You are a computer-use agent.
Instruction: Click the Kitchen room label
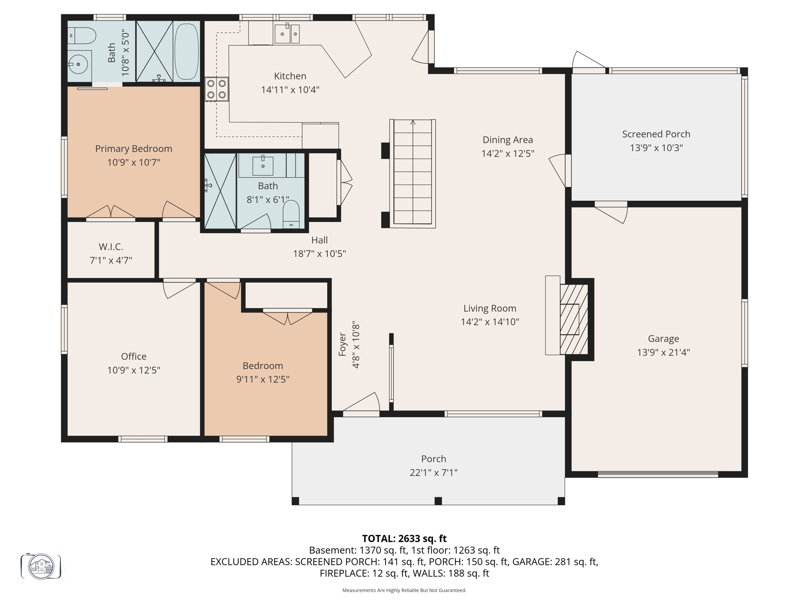290,76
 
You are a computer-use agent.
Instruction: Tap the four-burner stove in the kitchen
216,89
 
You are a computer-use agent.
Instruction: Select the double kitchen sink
287,34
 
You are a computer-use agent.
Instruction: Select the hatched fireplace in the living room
574,319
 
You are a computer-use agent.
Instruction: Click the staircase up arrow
413,123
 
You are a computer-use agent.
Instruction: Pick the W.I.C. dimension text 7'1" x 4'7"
111,260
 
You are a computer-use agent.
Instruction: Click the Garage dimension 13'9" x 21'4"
663,352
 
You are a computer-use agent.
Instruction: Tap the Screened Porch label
656,134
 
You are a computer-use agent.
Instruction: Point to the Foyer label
342,344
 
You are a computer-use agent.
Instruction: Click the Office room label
134,356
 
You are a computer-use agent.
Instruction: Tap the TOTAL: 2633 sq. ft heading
404,539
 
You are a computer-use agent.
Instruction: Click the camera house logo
41,566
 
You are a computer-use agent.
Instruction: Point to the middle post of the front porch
438,501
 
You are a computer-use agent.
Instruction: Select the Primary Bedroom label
134,149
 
